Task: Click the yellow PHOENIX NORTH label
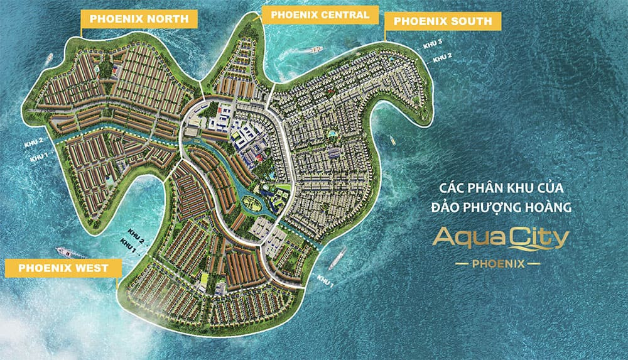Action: click(x=139, y=19)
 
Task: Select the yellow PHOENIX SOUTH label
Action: click(x=443, y=21)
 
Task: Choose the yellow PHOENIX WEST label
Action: click(x=63, y=268)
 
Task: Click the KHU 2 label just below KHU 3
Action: click(x=443, y=57)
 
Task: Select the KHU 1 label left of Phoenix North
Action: click(x=39, y=156)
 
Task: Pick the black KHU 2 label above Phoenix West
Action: click(x=136, y=233)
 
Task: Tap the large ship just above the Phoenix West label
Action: click(x=72, y=252)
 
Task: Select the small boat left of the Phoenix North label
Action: click(x=50, y=58)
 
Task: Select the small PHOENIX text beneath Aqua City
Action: click(x=498, y=264)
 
